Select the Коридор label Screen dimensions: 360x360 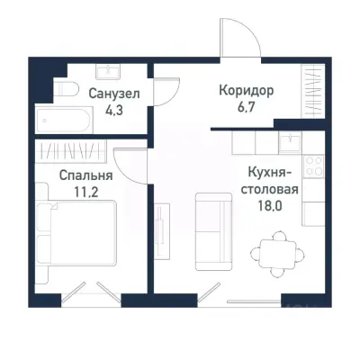coord(245,92)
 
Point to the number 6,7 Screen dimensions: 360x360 coord(245,109)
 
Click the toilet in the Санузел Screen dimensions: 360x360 coord(64,91)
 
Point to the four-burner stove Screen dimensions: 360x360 coord(314,166)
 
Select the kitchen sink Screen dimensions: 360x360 coord(290,142)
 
